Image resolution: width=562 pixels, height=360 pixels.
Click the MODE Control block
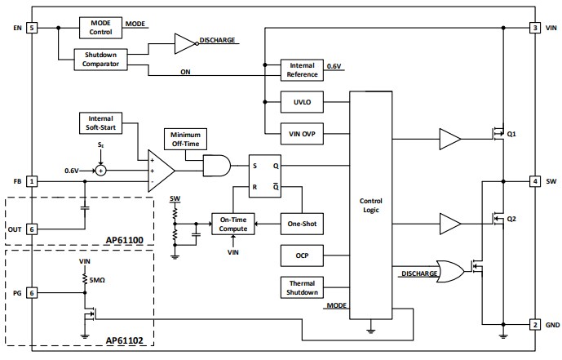pyautogui.click(x=100, y=27)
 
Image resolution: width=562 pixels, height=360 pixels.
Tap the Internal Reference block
pyautogui.click(x=301, y=70)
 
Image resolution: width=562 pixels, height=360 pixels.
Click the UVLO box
pyautogui.click(x=301, y=103)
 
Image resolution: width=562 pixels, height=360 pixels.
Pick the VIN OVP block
pyautogui.click(x=301, y=132)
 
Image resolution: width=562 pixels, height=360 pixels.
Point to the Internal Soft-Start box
pyautogui.click(x=100, y=122)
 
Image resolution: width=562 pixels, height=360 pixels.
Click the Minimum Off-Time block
pyautogui.click(x=185, y=138)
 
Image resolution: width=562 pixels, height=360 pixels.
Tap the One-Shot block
pyautogui.click(x=302, y=224)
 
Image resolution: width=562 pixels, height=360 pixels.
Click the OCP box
pyautogui.click(x=301, y=256)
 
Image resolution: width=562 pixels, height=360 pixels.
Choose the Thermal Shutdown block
pyautogui.click(x=301, y=287)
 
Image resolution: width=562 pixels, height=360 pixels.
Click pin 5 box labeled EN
pyautogui.click(x=32, y=28)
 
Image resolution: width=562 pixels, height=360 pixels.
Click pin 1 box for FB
pyautogui.click(x=32, y=180)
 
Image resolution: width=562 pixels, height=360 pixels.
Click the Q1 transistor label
pyautogui.click(x=511, y=134)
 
